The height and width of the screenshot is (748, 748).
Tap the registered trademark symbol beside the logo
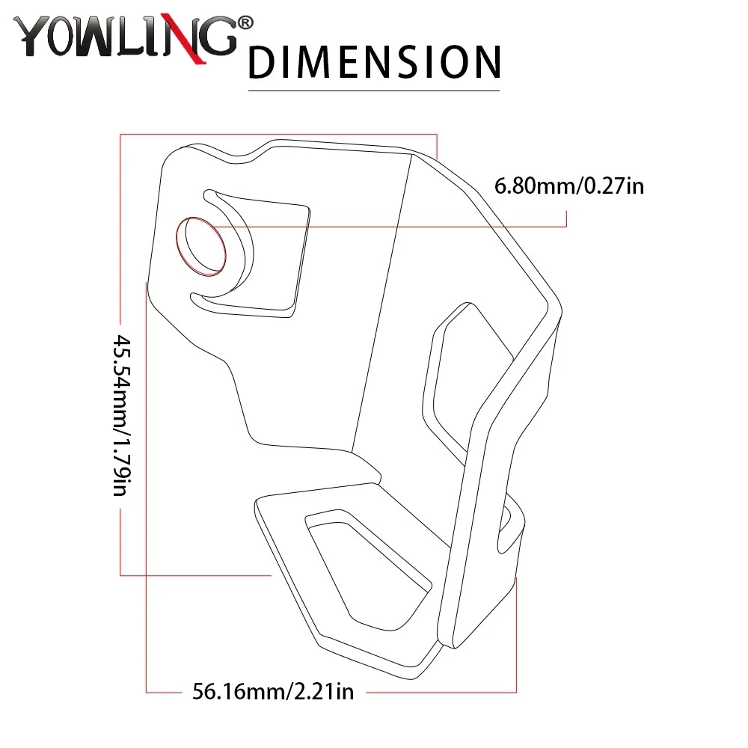(x=245, y=23)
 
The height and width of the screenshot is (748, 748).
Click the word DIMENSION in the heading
(x=375, y=62)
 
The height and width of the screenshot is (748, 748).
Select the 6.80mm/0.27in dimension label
(x=569, y=186)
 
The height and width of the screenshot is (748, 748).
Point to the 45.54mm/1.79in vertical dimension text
(x=121, y=415)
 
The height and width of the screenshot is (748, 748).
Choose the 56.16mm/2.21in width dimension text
(x=273, y=691)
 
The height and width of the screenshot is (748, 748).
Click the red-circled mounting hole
(x=200, y=246)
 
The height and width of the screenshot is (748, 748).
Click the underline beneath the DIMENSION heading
(x=373, y=91)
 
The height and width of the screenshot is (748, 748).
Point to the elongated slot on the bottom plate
(x=367, y=568)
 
